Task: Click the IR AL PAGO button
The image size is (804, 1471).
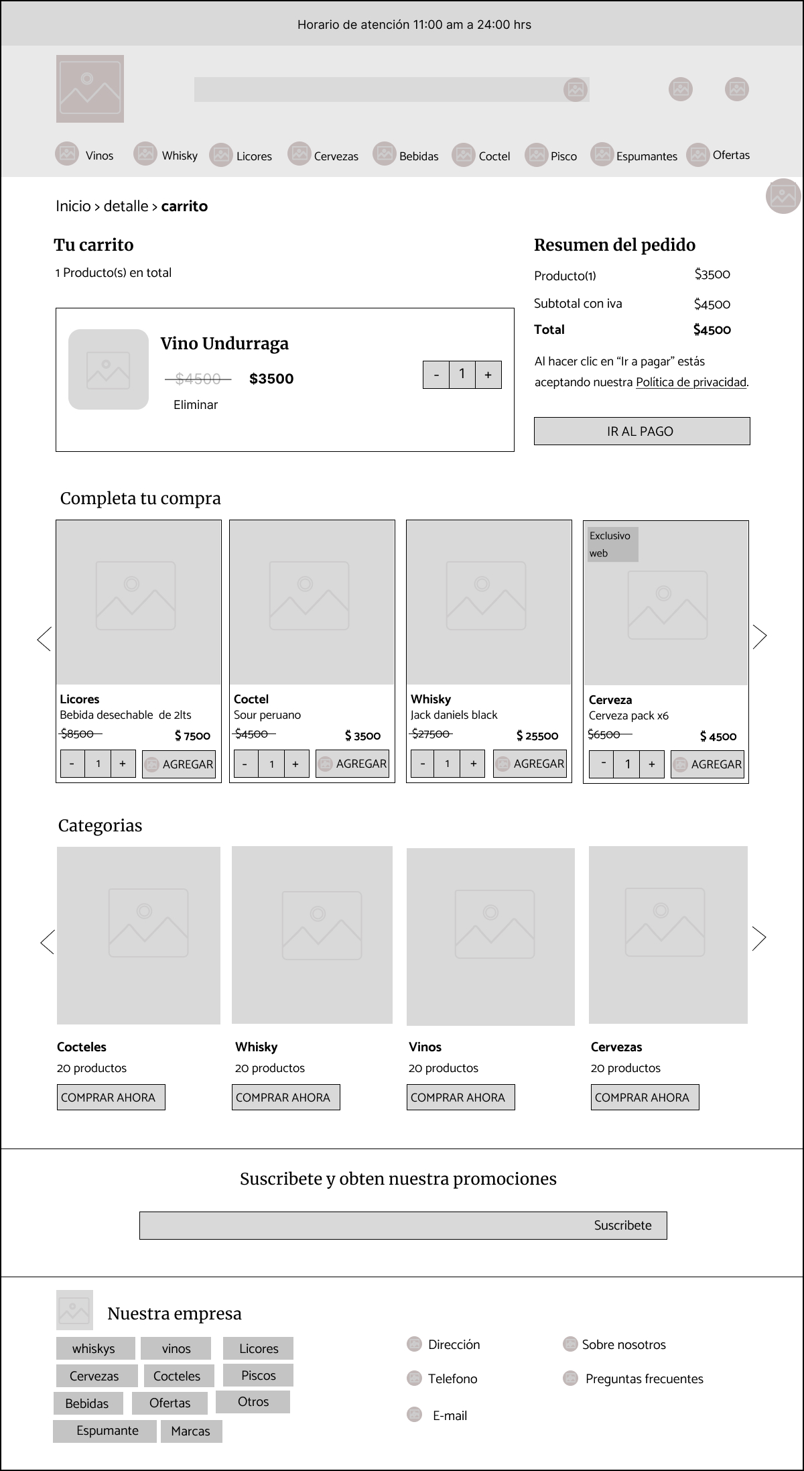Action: (641, 431)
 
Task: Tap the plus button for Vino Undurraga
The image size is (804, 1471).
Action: (488, 375)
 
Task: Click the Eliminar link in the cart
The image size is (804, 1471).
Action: (196, 405)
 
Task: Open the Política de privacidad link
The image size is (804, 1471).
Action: (691, 382)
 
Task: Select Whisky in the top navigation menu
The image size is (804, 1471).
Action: (179, 156)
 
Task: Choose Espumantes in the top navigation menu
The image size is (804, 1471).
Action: (646, 156)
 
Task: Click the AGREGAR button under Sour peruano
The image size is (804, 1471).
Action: (352, 764)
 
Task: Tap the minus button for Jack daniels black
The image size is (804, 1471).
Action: (422, 764)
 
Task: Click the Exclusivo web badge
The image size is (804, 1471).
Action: (612, 544)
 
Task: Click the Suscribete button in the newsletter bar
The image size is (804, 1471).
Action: (622, 1225)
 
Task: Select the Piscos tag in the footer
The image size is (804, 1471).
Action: (258, 1375)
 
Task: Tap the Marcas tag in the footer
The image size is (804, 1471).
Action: (191, 1431)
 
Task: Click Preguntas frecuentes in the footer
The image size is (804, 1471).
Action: (644, 1378)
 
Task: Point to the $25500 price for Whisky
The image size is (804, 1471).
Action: (537, 735)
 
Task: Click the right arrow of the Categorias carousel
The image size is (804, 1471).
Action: (759, 938)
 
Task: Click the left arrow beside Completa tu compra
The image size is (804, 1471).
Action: (44, 639)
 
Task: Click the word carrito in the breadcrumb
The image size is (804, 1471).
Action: (184, 207)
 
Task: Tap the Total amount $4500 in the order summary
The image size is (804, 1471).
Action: (712, 330)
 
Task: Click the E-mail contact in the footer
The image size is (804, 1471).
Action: (450, 1415)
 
